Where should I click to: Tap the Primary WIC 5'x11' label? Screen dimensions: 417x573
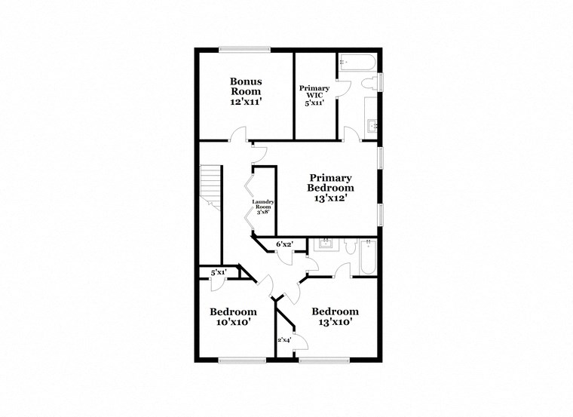(x=314, y=96)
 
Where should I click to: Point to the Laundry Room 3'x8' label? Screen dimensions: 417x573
(x=263, y=206)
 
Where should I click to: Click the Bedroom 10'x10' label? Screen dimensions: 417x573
(x=232, y=316)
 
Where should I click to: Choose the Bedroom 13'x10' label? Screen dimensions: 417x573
(x=335, y=316)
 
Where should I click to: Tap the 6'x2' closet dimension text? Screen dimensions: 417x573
(x=285, y=244)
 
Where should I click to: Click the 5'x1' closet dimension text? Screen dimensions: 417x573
(x=219, y=272)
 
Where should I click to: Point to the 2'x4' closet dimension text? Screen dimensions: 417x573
(x=285, y=340)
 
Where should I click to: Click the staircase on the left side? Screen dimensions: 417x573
(x=210, y=189)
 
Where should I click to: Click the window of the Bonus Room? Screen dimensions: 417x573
(x=245, y=50)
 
